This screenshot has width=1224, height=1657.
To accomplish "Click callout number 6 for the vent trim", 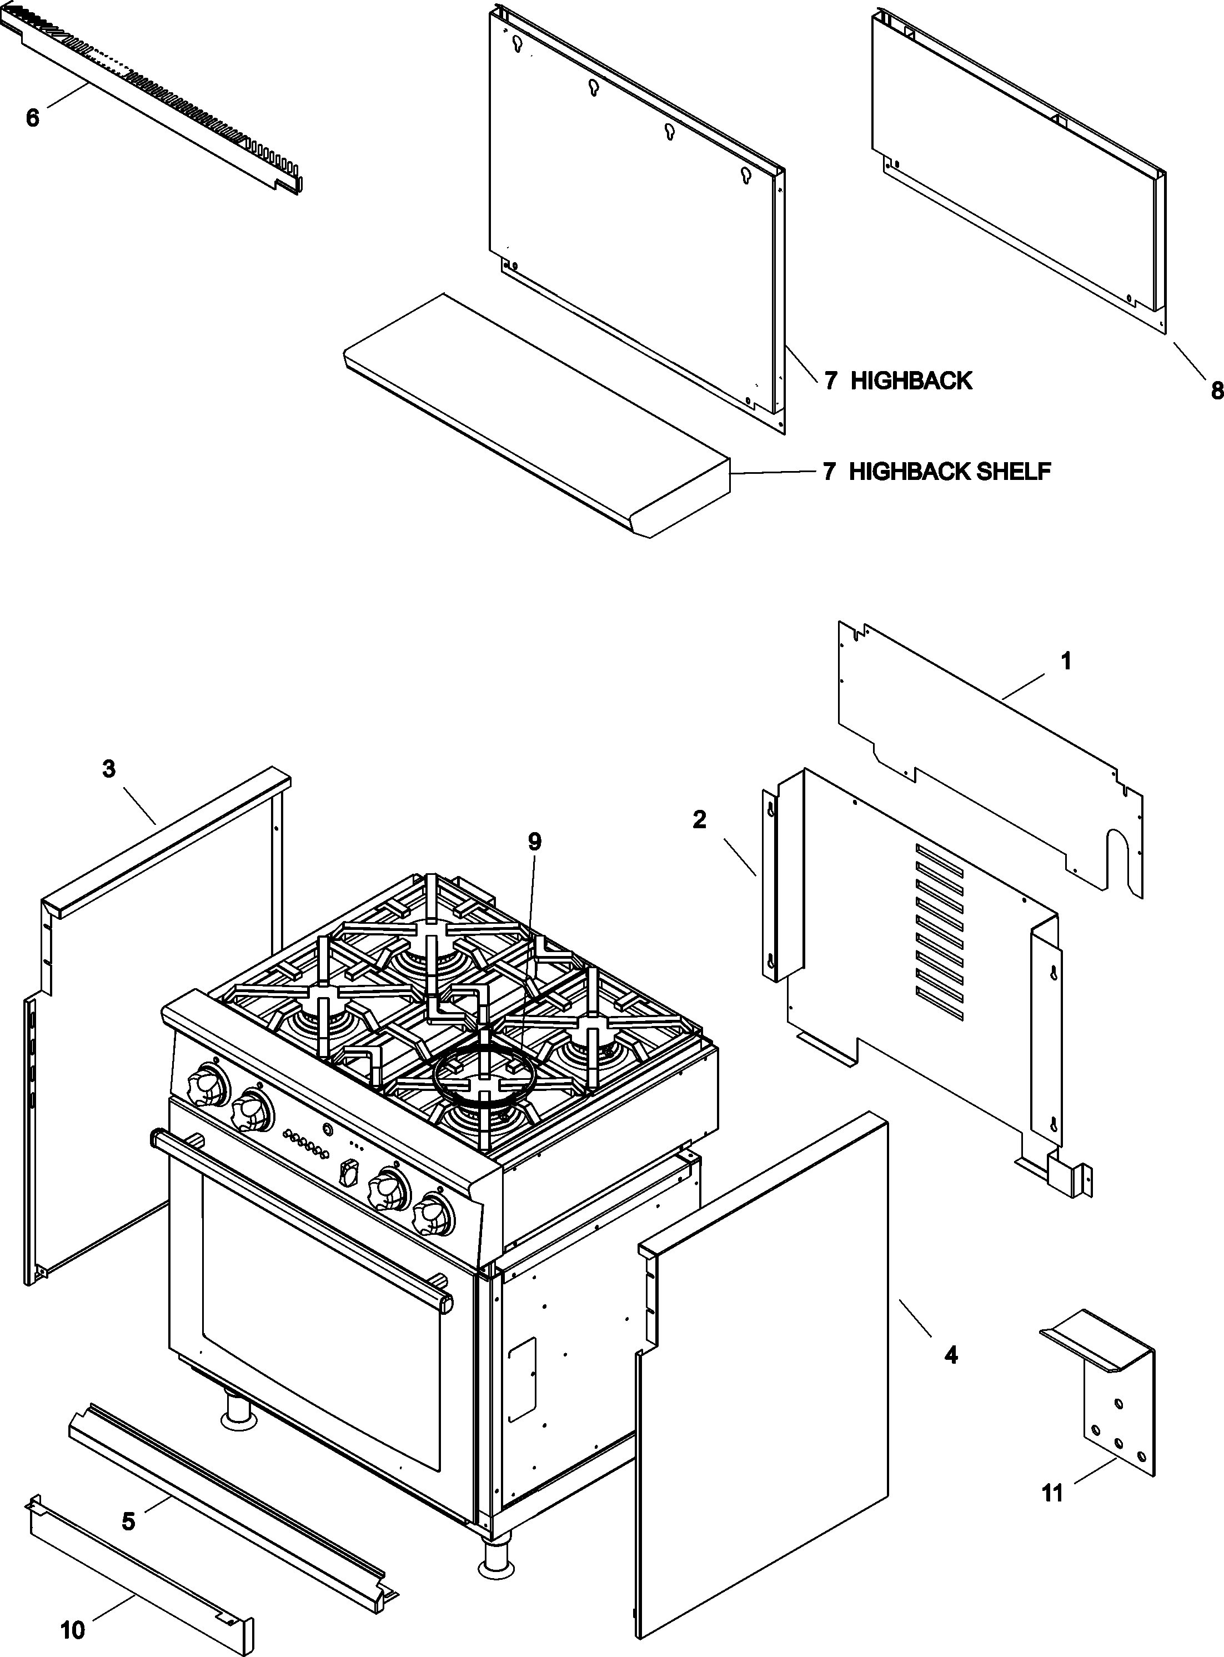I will coord(32,118).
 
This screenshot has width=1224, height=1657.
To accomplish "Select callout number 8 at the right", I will coord(1215,391).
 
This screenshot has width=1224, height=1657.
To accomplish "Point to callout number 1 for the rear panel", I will coord(1066,660).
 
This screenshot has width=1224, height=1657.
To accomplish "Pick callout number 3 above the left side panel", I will coord(109,769).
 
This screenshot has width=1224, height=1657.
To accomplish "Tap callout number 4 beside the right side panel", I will coord(951,1355).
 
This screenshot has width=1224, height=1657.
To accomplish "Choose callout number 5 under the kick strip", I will coord(128,1521).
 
